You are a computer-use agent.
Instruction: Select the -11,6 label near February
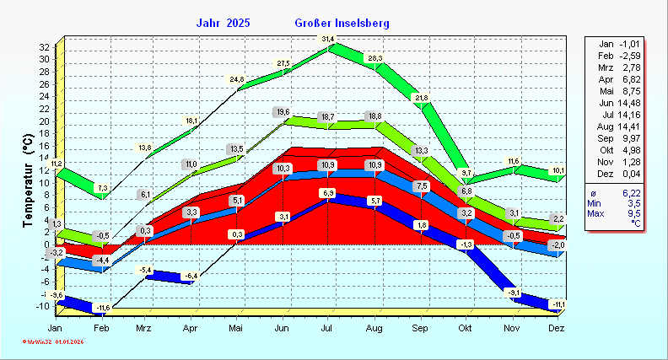(102, 307)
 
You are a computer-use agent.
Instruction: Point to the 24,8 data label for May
(238, 80)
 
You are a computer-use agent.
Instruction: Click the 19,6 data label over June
(283, 112)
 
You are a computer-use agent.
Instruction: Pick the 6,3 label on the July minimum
(328, 194)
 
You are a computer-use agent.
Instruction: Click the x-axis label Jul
(328, 328)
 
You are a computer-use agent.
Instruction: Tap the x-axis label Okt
(465, 328)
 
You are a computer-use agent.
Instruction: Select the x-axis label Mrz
(145, 328)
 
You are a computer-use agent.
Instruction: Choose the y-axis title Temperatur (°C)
(28, 181)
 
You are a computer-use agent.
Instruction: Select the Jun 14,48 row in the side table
(623, 103)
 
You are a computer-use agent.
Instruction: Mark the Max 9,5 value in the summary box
(623, 214)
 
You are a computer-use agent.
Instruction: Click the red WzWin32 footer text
(53, 341)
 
